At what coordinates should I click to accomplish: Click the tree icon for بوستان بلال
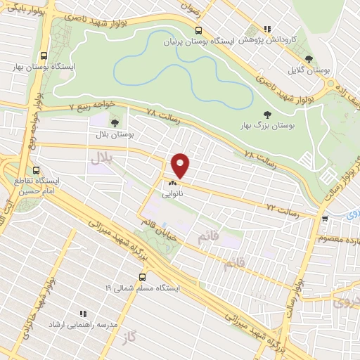115,123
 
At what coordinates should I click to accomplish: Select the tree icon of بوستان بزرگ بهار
266,113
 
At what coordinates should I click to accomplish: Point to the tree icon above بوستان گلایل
309,60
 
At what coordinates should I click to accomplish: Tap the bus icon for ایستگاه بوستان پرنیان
199,30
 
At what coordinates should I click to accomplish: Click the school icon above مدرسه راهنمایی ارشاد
82,314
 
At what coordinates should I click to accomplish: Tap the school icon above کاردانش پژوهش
266,29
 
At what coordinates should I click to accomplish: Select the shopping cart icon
324,219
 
